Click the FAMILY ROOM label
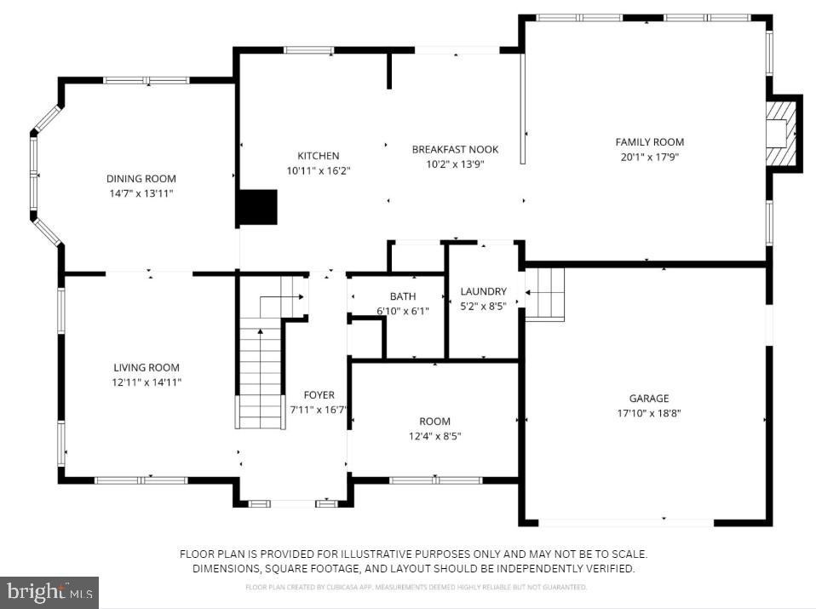point(649,142)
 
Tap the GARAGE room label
point(649,398)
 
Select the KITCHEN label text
point(318,156)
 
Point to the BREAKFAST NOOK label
point(455,149)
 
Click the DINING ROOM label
point(141,179)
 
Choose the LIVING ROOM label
point(147,368)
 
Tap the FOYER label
point(319,395)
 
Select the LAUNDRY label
point(483,291)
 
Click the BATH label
point(403,296)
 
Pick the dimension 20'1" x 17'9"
point(649,157)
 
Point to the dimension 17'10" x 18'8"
point(649,413)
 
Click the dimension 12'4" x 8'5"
point(434,436)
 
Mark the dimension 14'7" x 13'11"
point(141,193)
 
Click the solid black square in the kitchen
point(257,208)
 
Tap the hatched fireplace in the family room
point(781,134)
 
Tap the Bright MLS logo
point(49,591)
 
